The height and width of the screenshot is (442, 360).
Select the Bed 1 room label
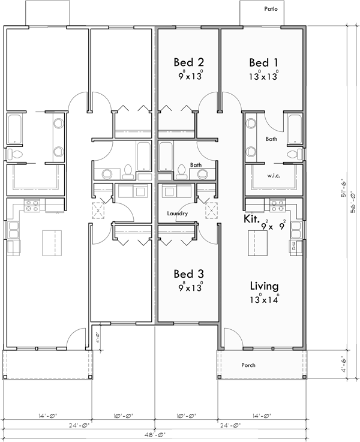[x=263, y=62]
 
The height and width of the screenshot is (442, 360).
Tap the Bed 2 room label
[x=189, y=62]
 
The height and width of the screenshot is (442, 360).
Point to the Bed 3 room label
[x=189, y=274]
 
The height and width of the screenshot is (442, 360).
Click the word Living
[x=263, y=287]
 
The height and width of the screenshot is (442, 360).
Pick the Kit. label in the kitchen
[x=251, y=220]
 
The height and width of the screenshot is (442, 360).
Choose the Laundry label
[x=178, y=214]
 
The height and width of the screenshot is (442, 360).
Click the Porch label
[x=248, y=365]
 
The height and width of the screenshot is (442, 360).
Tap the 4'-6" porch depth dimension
[x=343, y=364]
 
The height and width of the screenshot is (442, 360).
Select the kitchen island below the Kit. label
[x=260, y=243]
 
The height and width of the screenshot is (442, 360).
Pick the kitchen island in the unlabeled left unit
[x=50, y=243]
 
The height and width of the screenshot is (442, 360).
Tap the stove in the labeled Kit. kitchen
[x=278, y=206]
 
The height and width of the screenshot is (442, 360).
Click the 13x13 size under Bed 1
[x=263, y=76]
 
